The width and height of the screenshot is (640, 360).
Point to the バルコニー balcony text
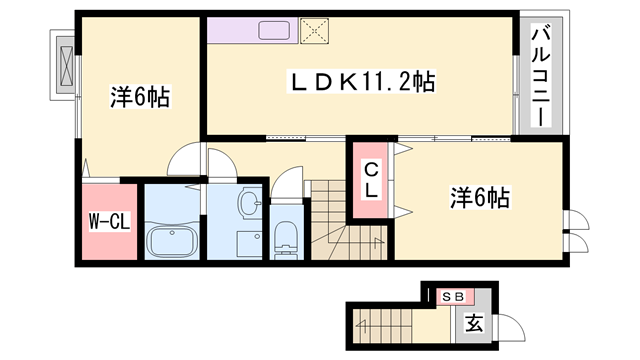click(540, 76)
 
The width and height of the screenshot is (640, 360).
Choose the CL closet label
click(370, 181)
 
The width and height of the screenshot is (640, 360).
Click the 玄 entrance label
click(475, 323)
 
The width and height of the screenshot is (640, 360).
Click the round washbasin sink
click(247, 204)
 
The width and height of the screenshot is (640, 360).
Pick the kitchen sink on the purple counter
click(273, 31)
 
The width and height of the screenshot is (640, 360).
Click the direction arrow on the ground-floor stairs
click(372, 322)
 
